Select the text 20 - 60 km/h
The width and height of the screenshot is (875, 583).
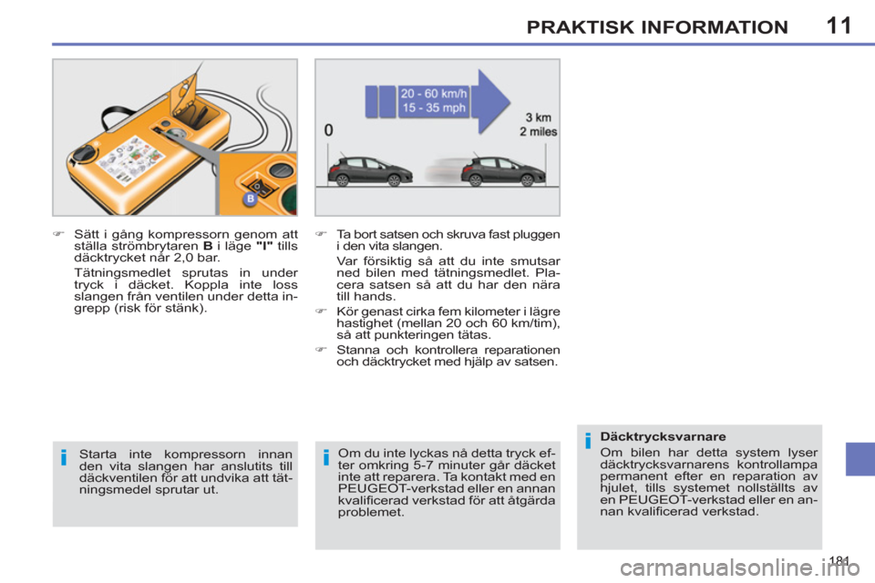pyautogui.click(x=435, y=91)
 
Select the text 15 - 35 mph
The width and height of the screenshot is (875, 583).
pyautogui.click(x=435, y=107)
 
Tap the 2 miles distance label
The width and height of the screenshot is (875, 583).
pyautogui.click(x=537, y=131)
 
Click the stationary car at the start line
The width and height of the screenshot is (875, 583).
pyautogui.click(x=369, y=169)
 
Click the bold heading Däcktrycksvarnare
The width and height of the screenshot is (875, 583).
pyautogui.click(x=650, y=437)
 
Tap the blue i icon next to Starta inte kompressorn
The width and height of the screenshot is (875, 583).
pyautogui.click(x=65, y=458)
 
